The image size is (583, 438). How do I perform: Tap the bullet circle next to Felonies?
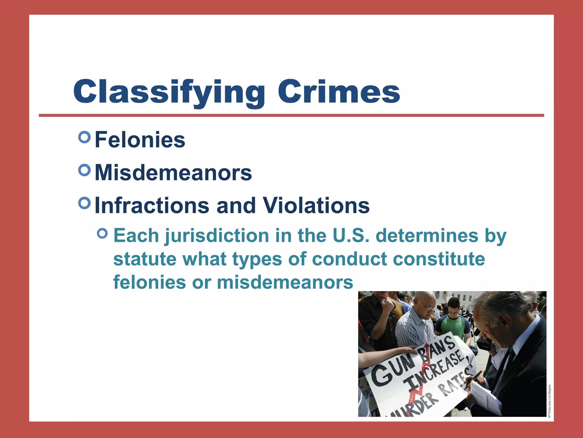click(84, 137)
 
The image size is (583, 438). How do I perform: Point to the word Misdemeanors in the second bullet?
click(173, 173)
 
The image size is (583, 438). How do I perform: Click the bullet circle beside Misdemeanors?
click(84, 170)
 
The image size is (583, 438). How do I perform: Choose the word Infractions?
click(152, 205)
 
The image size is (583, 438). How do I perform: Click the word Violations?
click(316, 205)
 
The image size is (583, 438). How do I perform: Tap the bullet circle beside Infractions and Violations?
click(84, 203)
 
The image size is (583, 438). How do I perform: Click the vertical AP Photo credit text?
click(550, 401)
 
